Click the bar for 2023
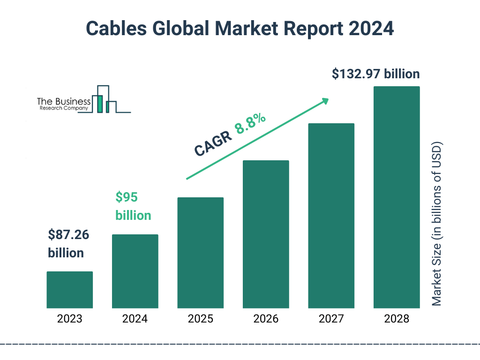(69, 290)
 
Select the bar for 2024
(135, 271)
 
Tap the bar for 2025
(200, 253)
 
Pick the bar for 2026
(266, 234)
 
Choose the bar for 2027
(331, 216)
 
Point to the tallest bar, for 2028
(397, 197)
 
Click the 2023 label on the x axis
(69, 319)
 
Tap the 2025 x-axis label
(200, 319)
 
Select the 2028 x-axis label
(397, 319)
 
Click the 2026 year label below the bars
(266, 319)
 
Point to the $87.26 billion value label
(68, 244)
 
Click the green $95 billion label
(133, 206)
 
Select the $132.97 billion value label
(375, 74)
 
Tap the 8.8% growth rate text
(250, 124)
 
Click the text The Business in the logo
(64, 101)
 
